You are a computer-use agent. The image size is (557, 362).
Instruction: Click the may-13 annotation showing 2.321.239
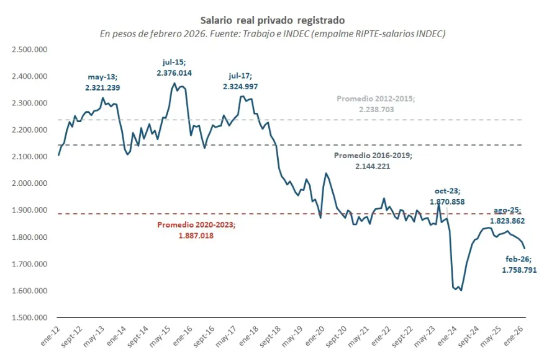tap(103, 82)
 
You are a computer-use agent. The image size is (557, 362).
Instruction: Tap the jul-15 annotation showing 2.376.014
tap(174, 67)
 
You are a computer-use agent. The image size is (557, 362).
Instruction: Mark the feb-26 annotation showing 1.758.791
tap(519, 264)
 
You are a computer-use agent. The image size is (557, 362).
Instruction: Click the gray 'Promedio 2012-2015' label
tap(374, 104)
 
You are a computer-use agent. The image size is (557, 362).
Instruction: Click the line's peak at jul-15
tap(174, 84)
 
